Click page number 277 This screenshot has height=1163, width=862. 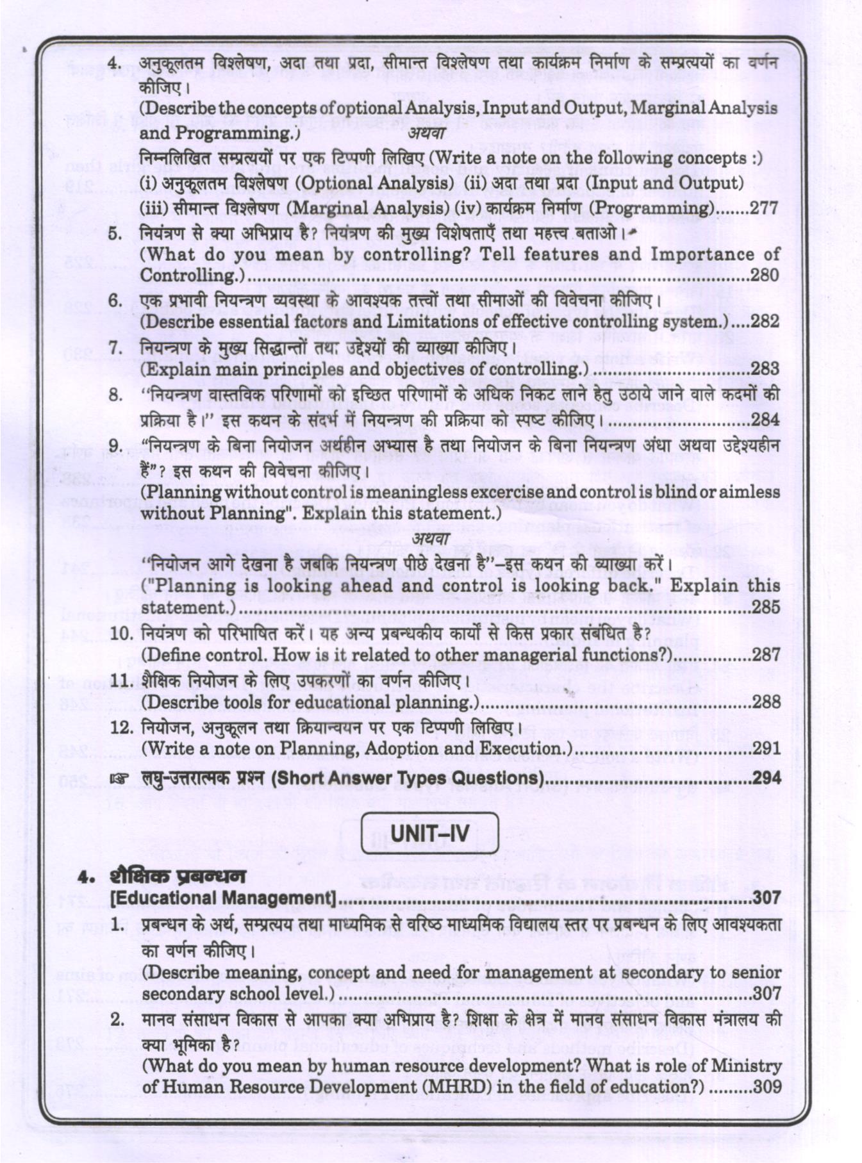764,208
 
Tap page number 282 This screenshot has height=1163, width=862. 765,322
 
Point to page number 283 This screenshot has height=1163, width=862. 765,369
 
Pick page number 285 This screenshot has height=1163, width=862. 766,607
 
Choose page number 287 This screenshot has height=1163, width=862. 766,655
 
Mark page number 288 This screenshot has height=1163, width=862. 766,702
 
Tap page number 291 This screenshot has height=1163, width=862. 767,748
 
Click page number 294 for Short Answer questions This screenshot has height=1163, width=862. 767,779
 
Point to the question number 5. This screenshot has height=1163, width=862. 115,233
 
